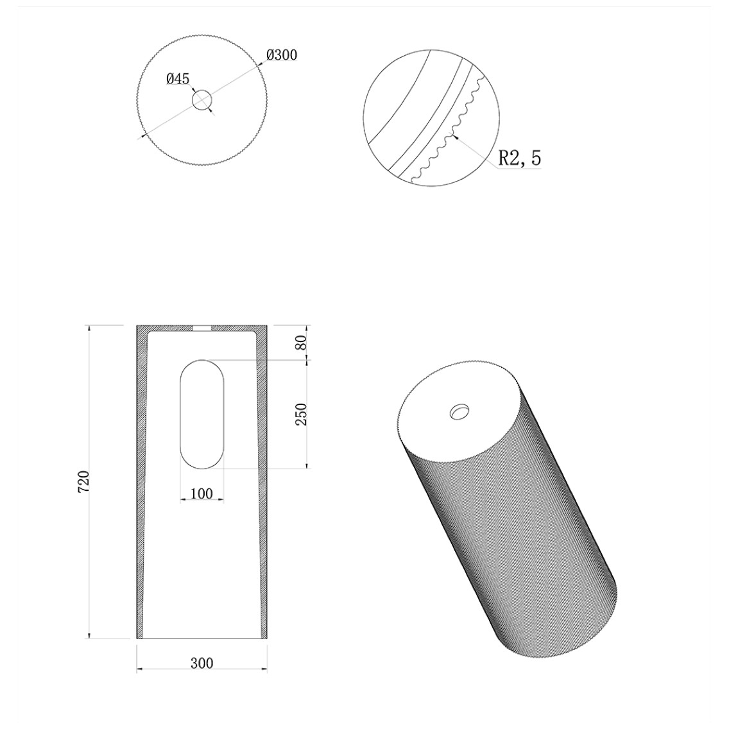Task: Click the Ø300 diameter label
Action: (282, 55)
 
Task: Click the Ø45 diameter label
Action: (178, 79)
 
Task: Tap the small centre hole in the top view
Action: (202, 100)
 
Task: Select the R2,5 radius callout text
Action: (520, 158)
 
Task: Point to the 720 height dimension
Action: (83, 482)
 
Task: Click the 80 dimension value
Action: (301, 343)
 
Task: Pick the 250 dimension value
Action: (301, 415)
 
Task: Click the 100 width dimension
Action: (202, 493)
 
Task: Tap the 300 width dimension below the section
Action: (202, 662)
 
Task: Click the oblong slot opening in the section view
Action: (202, 414)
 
